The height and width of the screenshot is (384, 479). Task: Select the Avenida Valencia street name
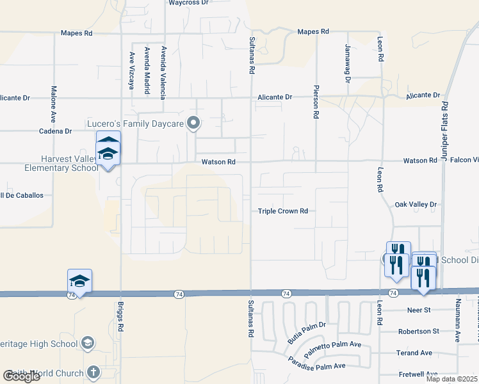163,72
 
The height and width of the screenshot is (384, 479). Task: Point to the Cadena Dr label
56,131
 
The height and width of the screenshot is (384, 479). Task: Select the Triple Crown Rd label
283,211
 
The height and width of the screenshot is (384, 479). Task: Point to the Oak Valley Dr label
416,205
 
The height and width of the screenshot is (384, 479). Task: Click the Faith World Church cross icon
93,372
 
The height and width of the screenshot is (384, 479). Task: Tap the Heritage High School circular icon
88,344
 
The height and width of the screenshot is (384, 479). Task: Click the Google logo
21,376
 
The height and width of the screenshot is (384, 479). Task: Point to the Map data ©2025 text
451,379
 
